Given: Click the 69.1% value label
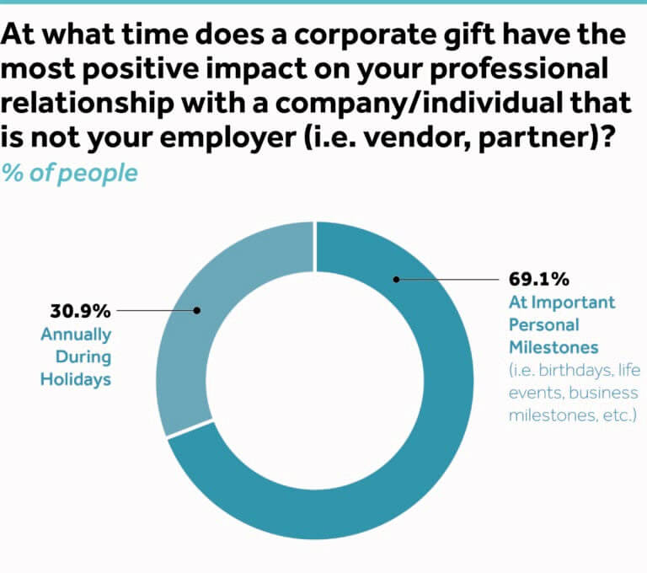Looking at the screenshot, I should tap(538, 279).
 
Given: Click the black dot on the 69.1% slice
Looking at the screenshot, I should tap(395, 279).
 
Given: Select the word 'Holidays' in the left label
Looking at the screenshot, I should tap(76, 379).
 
